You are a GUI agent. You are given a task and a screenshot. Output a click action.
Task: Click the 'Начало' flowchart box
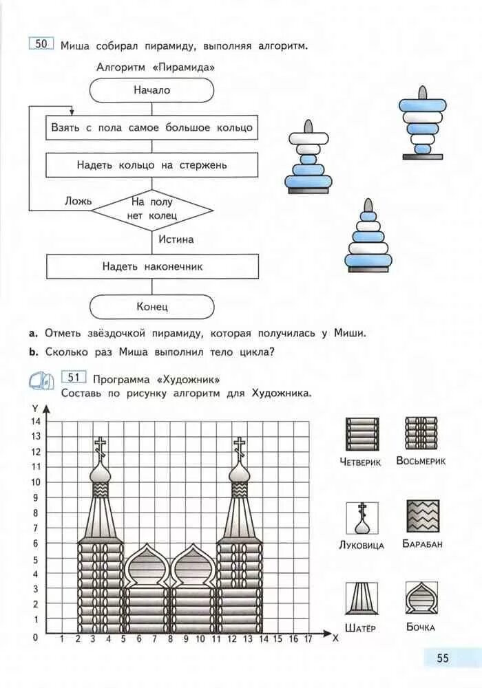coord(151,90)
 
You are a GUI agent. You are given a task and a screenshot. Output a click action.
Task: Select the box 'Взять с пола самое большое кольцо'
coord(152,127)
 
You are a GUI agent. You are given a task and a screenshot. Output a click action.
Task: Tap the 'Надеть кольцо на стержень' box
coord(152,165)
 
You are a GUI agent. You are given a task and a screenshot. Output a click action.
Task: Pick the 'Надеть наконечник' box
coord(152,266)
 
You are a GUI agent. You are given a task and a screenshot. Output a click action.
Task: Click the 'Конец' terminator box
coord(151,307)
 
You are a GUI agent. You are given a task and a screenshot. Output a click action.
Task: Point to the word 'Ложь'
coord(77,201)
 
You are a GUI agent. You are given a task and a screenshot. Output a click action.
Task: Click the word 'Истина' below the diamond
coord(176,240)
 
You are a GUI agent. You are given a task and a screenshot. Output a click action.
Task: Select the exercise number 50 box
coord(41,44)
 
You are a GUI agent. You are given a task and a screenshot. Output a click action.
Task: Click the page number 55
coord(442,658)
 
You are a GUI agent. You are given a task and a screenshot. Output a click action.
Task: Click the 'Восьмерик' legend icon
coord(421,433)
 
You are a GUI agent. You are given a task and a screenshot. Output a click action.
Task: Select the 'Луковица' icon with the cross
coord(361,519)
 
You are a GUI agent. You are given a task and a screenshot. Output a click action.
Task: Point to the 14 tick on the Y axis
coord(36,421)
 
